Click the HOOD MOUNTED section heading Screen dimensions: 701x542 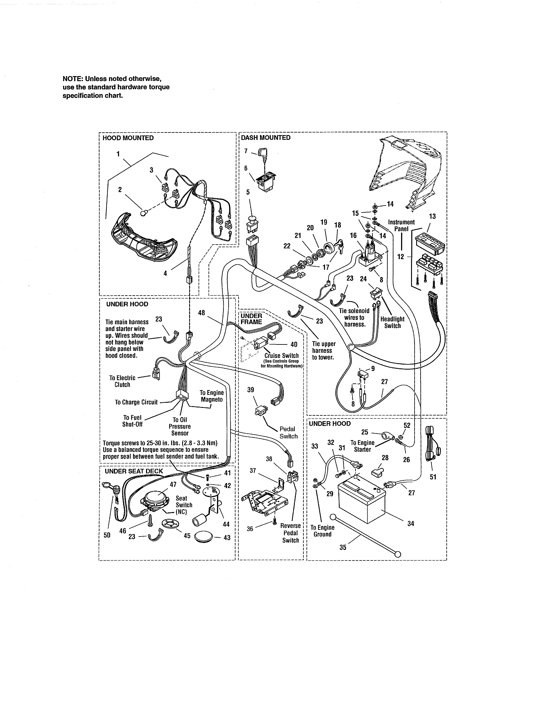coord(128,138)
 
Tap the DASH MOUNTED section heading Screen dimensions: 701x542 coord(265,138)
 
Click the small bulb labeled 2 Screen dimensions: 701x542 coord(144,212)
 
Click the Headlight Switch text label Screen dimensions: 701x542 coord(392,322)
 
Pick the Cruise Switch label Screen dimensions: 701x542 coord(282,356)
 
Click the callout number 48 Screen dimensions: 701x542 coord(201,313)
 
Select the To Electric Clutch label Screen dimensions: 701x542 coord(122,381)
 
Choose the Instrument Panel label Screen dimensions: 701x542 coord(401,225)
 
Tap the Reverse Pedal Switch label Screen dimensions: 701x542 coord(291,533)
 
